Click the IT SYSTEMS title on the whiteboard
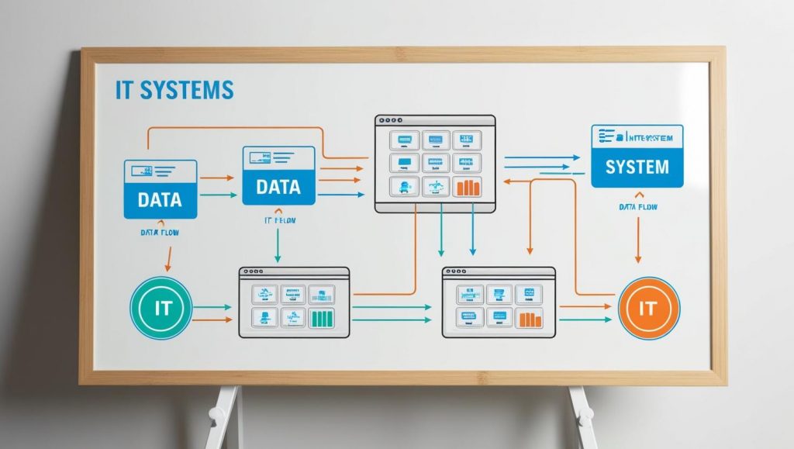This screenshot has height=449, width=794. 174,89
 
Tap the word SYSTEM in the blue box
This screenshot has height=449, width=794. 637,166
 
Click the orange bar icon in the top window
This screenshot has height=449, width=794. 468,187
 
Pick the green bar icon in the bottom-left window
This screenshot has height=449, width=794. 321,318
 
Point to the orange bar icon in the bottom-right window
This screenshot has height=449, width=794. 530,318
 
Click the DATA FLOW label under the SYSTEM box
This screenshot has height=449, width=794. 638,207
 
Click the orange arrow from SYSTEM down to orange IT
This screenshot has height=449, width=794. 638,240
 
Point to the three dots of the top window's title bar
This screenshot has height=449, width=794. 387,121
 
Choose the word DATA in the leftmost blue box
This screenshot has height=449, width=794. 160,199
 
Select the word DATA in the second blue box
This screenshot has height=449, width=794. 278,187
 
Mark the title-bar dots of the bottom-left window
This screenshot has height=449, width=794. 251,273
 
